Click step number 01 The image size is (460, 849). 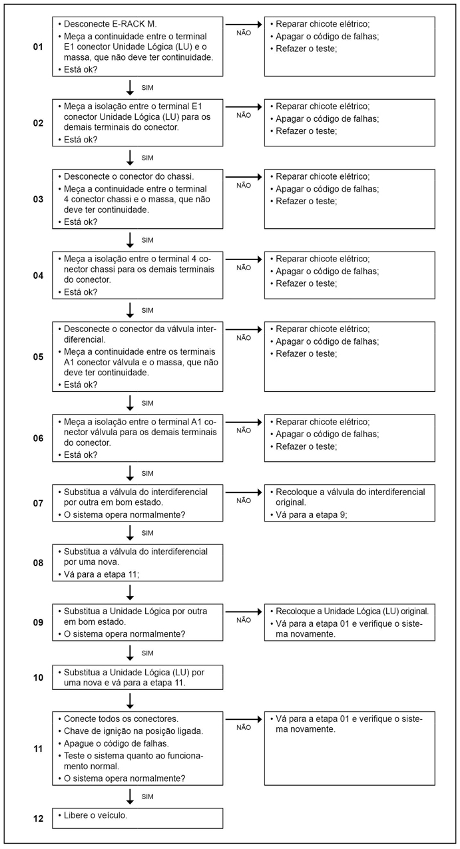pos(38,48)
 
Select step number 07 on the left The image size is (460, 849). pos(38,504)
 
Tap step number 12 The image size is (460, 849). pos(38,819)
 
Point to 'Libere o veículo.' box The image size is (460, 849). pos(138,818)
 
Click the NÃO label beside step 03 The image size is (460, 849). pos(244,186)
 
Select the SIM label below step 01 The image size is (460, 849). pos(148,87)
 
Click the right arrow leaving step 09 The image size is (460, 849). pos(244,611)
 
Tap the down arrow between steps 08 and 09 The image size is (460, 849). pos(130,592)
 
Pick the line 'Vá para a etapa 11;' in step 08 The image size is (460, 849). pos(101,574)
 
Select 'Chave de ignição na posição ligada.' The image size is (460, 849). pos(133,731)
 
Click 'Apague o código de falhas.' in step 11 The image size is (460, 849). pos(118,743)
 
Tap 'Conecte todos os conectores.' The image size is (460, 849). pos(121,719)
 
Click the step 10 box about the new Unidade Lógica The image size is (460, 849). pos(138,677)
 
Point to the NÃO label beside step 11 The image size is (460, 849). pos(244,727)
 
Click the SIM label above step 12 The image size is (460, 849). pos(148,796)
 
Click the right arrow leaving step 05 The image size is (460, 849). pos(244,329)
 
